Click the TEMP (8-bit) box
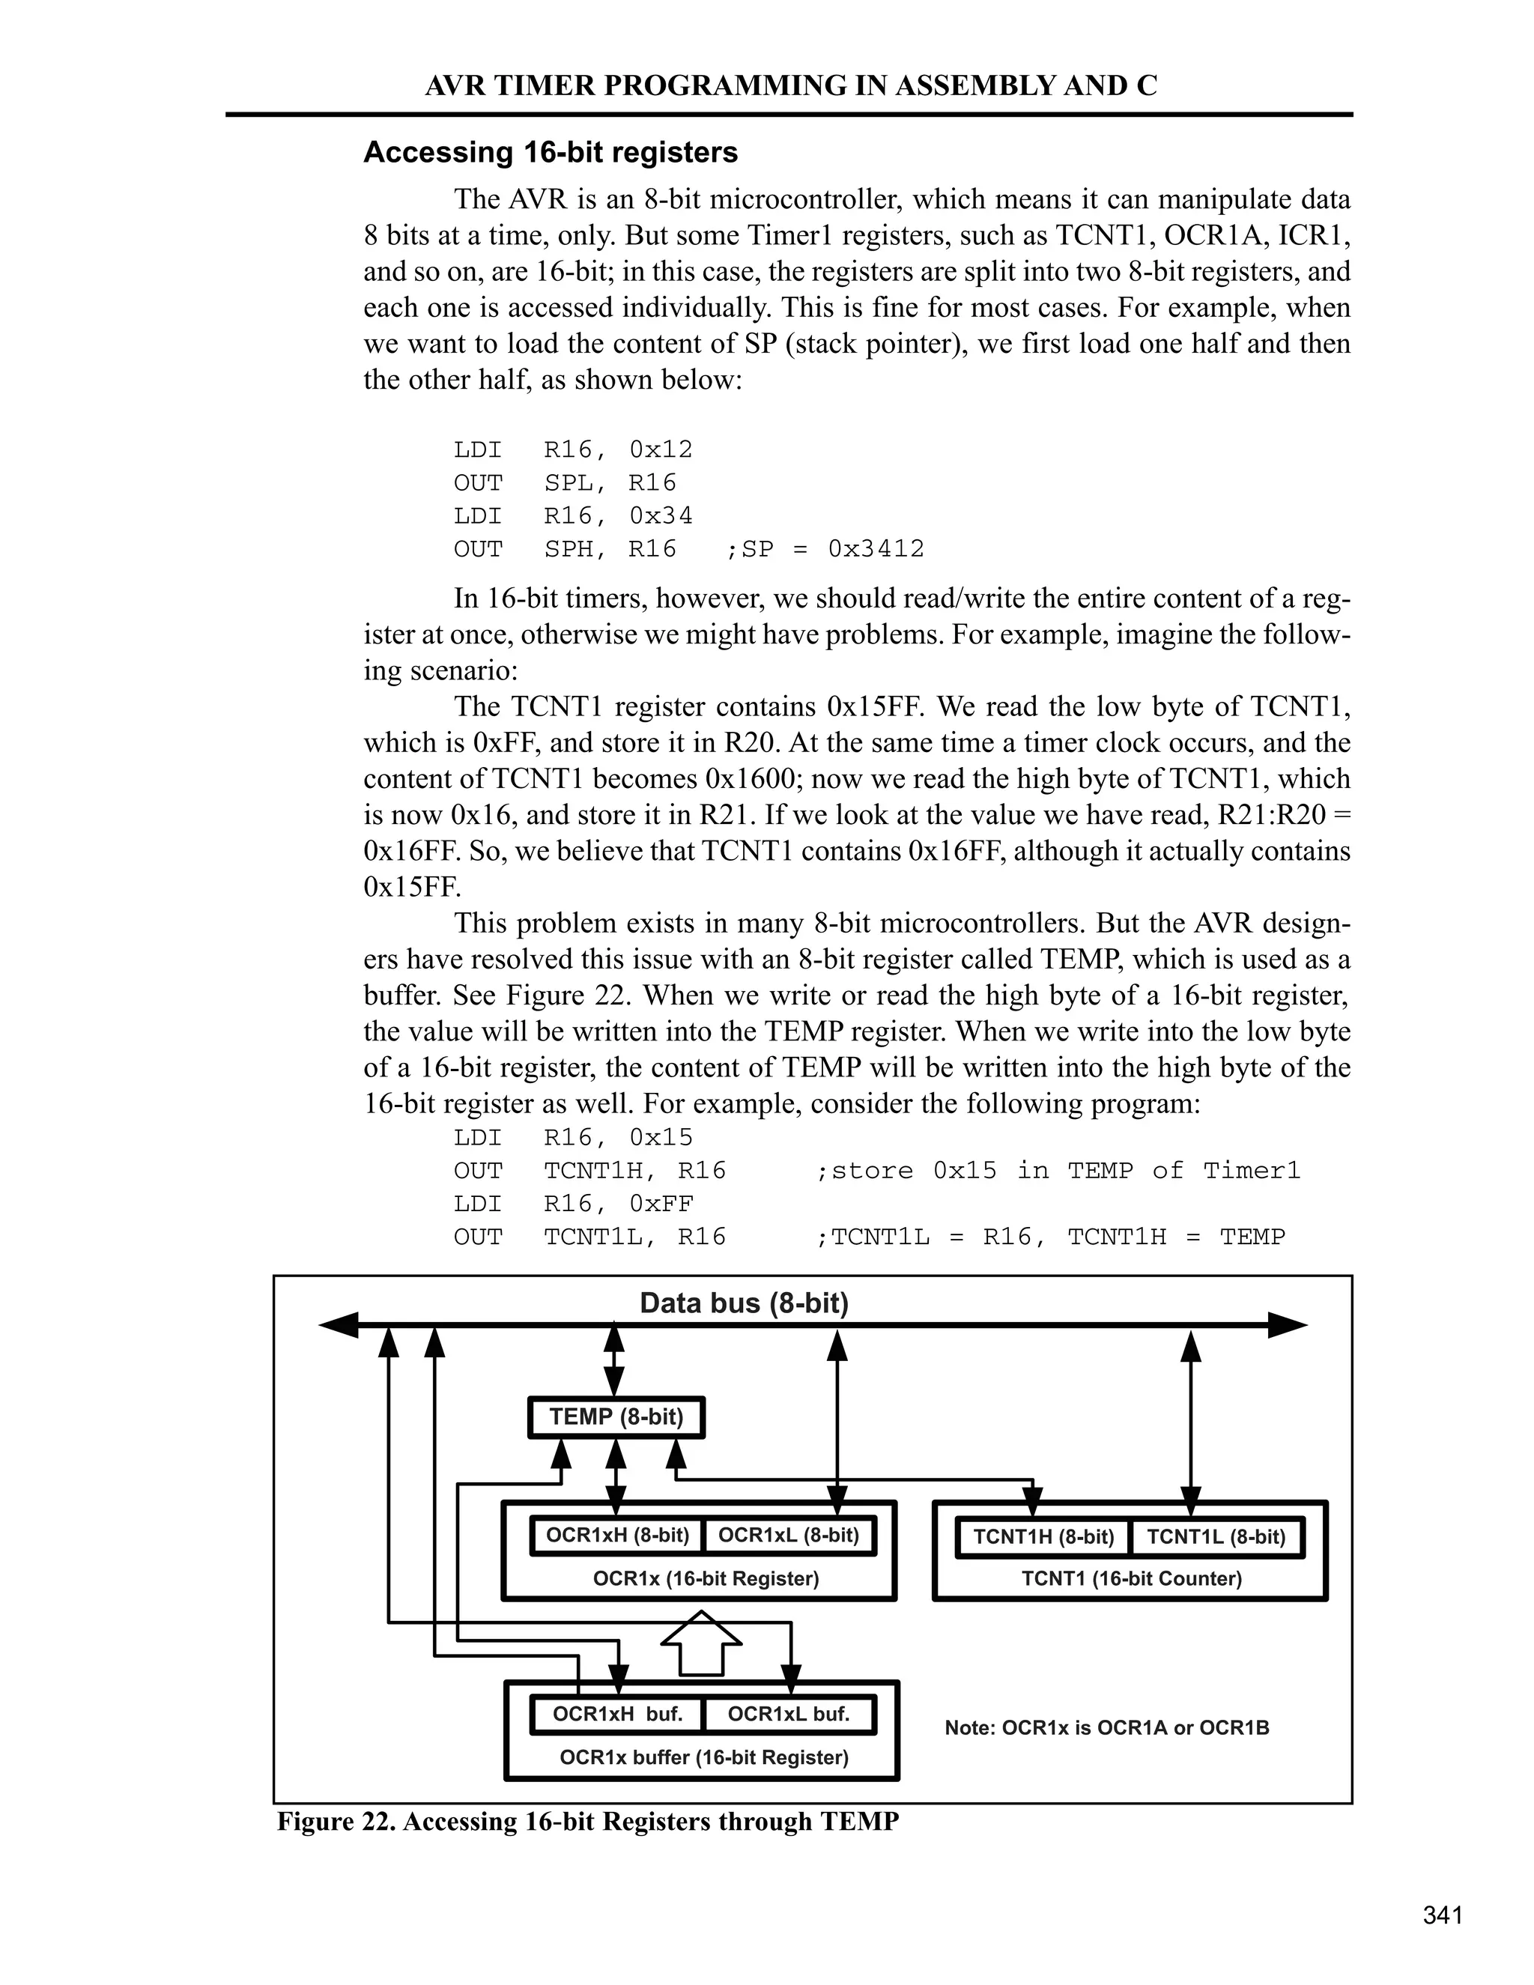click(x=616, y=1417)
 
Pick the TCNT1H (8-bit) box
click(x=1043, y=1537)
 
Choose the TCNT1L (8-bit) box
click(x=1215, y=1537)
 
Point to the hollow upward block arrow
click(x=700, y=1643)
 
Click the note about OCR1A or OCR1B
click(x=1106, y=1728)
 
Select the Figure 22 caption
click(x=587, y=1822)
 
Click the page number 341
click(x=1442, y=1915)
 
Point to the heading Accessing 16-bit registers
click(x=550, y=152)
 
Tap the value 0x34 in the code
click(x=661, y=516)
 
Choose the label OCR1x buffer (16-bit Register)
click(x=703, y=1758)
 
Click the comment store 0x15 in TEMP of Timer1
click(x=1058, y=1171)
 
